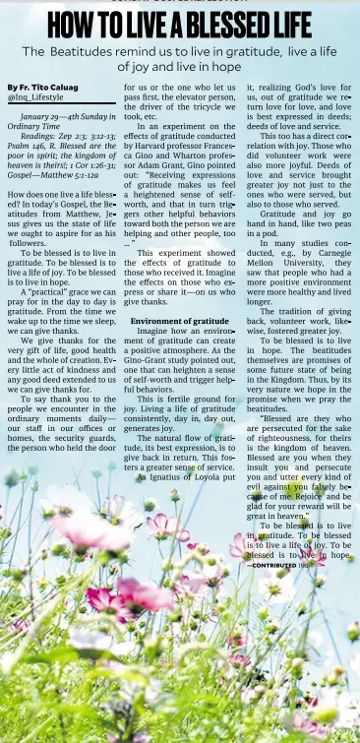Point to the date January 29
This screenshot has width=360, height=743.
point(44,116)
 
